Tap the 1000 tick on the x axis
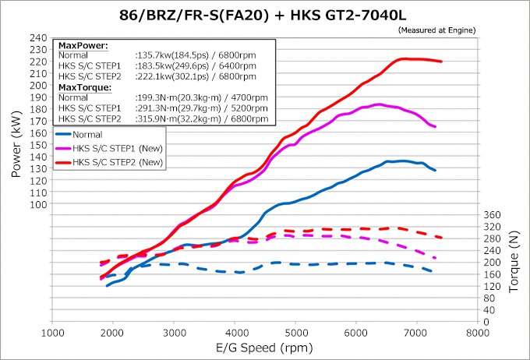click(52, 332)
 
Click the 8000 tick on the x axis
click(477, 332)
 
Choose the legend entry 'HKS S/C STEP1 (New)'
click(117, 149)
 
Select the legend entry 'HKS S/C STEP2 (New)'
click(117, 163)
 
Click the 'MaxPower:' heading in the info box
click(83, 46)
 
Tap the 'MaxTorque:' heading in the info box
click(86, 87)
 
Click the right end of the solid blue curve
click(435, 170)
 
